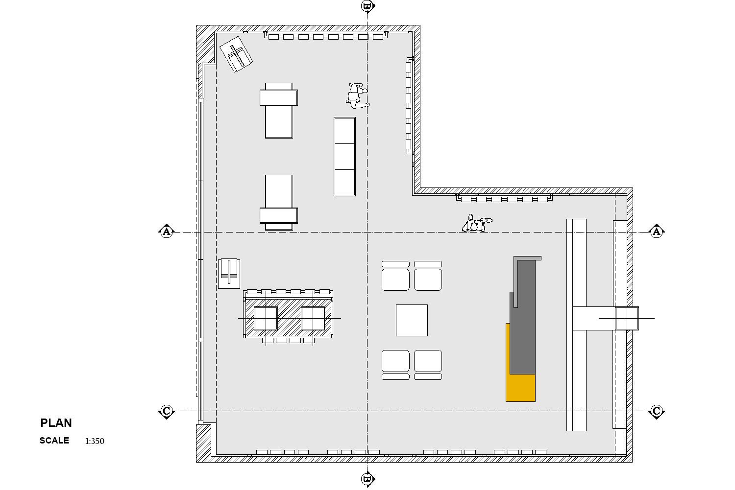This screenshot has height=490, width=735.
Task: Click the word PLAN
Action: click(56, 423)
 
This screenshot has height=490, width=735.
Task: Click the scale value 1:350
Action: click(95, 441)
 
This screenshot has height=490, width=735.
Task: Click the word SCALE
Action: click(54, 441)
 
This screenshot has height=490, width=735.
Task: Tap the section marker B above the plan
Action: click(367, 6)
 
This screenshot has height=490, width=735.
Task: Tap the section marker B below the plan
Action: click(367, 479)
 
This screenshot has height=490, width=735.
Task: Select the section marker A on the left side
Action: click(167, 232)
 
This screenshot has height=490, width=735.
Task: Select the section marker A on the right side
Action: click(656, 232)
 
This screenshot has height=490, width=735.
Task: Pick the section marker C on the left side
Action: click(167, 411)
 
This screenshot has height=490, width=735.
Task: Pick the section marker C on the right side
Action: click(656, 411)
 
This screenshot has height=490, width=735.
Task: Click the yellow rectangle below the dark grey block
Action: click(520, 388)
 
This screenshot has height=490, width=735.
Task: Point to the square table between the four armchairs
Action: click(412, 320)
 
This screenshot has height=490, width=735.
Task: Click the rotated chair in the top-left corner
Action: click(236, 54)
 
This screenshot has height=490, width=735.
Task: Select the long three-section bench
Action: click(344, 157)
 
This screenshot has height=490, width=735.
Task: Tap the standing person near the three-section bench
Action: click(358, 95)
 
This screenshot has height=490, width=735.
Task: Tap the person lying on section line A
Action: click(477, 224)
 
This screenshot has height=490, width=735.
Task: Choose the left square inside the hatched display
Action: click(266, 318)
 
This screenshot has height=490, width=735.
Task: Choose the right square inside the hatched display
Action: click(313, 318)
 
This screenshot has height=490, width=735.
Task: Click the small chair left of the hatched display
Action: click(229, 274)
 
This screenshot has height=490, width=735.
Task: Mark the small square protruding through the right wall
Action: click(627, 318)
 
